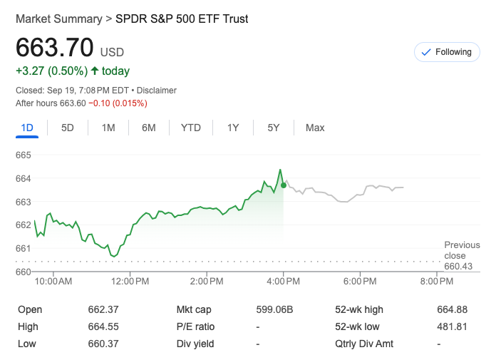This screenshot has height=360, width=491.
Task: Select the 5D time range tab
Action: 68,128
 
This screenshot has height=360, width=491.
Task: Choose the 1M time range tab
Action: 108,128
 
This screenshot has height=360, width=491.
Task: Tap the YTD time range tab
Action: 190,128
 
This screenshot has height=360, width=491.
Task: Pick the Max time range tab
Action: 315,128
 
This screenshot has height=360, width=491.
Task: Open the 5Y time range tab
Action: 274,128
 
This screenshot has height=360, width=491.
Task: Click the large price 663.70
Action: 55,48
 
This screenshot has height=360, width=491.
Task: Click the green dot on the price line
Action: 284,185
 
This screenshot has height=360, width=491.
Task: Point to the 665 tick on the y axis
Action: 24,155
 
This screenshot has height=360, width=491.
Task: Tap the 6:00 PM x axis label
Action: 359,282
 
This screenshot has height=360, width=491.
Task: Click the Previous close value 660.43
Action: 459,266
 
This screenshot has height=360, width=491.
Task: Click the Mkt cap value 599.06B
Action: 274,309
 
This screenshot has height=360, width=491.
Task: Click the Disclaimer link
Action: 157,91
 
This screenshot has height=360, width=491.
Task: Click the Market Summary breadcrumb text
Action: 58,19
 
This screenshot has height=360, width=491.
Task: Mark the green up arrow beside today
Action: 94,71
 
